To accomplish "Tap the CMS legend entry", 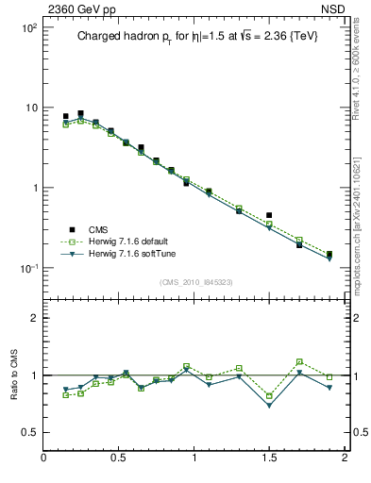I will [97, 229].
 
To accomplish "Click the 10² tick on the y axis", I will [28, 28].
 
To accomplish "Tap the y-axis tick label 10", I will [31, 108].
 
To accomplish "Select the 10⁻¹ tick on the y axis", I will [28, 268].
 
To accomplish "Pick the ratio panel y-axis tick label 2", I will [35, 318].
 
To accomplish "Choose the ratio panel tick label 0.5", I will [31, 432].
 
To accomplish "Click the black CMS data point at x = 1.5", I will [269, 215].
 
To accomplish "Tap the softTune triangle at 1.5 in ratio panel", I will [269, 405].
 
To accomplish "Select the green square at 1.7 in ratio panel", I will [299, 361].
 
